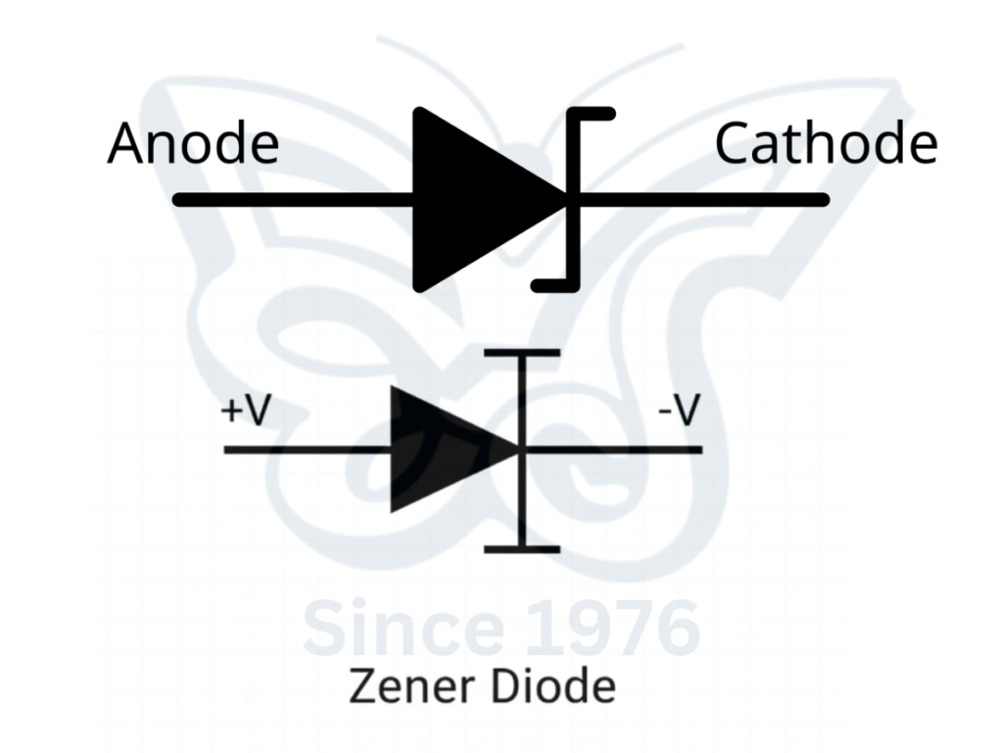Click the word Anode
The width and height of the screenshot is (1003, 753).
193,144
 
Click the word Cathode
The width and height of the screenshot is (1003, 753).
826,144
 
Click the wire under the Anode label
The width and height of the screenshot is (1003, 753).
294,200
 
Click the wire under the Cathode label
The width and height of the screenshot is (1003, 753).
705,200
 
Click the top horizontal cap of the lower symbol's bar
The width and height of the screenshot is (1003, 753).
523,352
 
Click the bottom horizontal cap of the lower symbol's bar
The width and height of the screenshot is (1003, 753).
523,549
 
